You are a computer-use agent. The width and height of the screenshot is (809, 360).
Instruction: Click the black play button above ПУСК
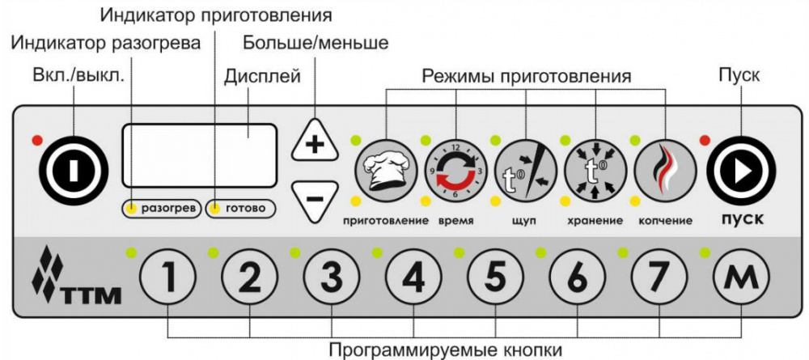[741, 172]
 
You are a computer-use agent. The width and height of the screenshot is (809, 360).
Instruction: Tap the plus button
[314, 140]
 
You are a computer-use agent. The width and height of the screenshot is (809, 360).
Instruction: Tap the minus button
[314, 200]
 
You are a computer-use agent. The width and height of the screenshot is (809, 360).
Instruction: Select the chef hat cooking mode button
[386, 171]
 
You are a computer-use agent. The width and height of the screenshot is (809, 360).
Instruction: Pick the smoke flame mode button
[665, 171]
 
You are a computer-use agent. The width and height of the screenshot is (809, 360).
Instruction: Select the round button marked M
[741, 279]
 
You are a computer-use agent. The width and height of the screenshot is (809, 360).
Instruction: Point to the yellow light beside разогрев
[132, 209]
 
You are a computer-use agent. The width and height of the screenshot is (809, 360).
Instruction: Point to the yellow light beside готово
[216, 209]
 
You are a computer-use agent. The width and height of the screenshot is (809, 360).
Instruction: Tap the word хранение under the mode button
[595, 222]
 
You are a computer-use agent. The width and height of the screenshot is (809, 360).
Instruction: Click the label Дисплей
[263, 76]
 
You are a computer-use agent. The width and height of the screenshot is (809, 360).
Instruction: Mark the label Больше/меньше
[316, 43]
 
